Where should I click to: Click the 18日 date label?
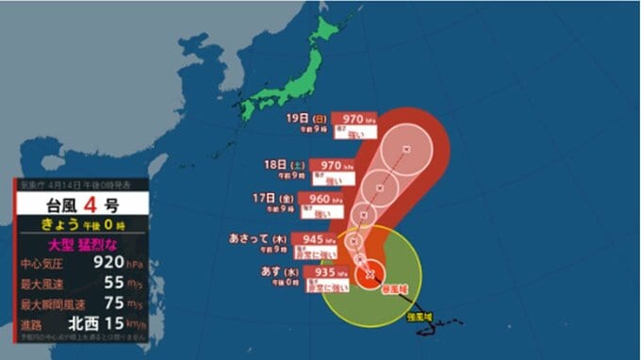pos(274,163)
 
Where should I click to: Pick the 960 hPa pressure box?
pos(319,198)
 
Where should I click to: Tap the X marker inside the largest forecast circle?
pos(405,148)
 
